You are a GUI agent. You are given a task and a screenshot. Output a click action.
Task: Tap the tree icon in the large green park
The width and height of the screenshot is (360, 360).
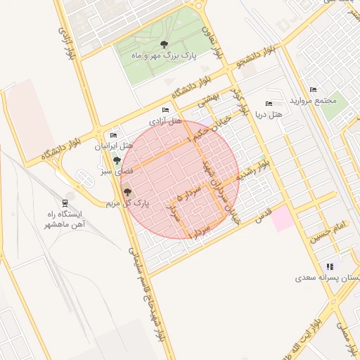point(164,44)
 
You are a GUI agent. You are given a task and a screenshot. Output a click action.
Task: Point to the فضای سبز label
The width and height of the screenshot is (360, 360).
point(115,171)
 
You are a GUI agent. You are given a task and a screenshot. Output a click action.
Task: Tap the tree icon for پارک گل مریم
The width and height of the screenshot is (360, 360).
point(127,192)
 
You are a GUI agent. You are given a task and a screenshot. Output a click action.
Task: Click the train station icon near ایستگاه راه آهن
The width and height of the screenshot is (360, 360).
point(66,200)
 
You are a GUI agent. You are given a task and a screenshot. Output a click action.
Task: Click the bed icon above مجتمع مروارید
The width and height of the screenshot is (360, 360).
point(313,89)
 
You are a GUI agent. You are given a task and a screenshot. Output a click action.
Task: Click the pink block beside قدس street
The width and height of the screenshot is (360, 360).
point(283,219)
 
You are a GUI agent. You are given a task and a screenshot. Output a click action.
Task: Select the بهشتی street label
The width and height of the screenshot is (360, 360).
point(208,103)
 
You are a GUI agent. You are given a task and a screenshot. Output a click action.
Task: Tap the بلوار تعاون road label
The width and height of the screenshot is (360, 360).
point(212,39)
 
